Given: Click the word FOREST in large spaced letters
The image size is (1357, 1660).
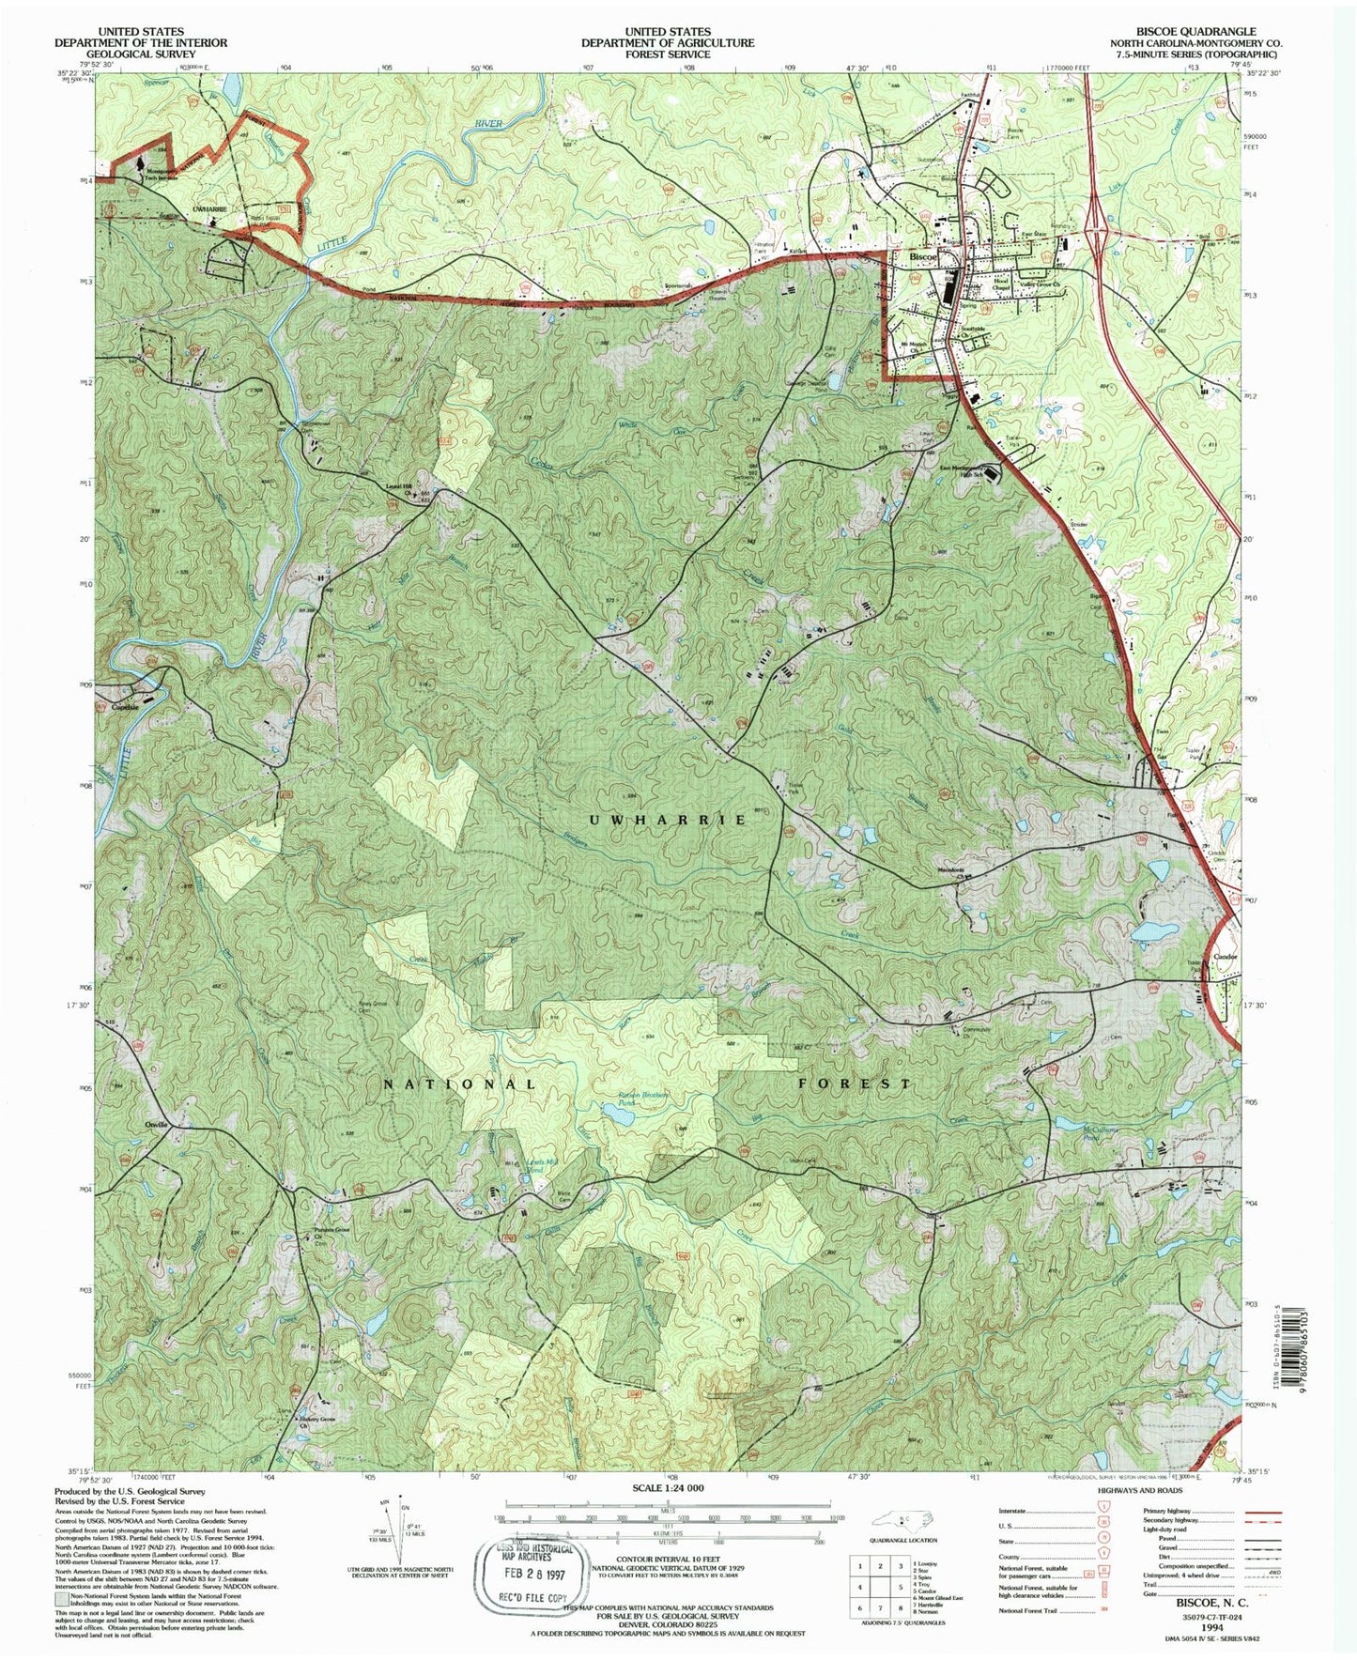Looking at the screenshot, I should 855,1083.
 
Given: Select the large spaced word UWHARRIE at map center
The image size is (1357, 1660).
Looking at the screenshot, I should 668,820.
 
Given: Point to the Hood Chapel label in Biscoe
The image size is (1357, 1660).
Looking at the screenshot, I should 1001,283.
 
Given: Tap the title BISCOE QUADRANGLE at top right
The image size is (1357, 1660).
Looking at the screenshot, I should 1200,32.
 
